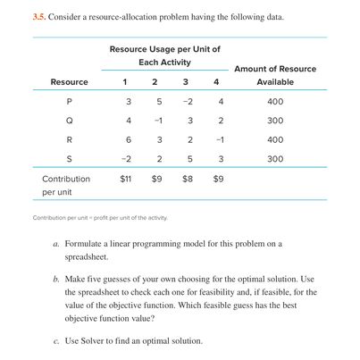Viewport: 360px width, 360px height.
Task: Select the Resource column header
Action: (69, 82)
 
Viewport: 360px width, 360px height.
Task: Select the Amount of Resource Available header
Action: (275, 75)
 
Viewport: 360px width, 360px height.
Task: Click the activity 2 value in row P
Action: (159, 101)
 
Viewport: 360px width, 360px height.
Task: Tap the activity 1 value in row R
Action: (130, 139)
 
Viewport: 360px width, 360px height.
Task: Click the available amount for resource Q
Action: (275, 121)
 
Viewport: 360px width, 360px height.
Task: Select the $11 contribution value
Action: (128, 179)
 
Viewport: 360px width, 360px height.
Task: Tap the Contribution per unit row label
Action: (65, 185)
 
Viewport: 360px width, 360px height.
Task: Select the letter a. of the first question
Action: (56, 243)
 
